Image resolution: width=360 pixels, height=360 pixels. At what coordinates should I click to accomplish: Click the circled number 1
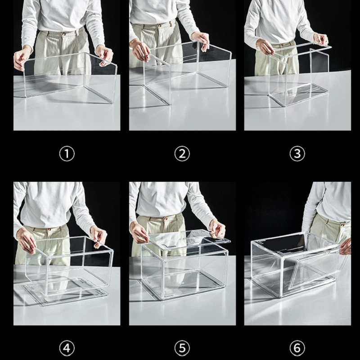point(67,154)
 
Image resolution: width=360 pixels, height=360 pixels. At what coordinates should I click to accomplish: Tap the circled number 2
point(182,154)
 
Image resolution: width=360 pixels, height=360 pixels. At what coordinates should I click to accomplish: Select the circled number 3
point(297,154)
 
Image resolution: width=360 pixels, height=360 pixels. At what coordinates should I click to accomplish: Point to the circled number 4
point(67,348)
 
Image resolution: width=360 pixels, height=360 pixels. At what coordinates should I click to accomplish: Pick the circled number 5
point(182,348)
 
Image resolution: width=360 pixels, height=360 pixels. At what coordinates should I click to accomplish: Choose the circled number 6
point(297,348)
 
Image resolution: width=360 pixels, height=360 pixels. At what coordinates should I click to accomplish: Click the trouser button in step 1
point(64,34)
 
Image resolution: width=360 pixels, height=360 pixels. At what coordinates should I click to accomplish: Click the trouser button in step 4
point(49,229)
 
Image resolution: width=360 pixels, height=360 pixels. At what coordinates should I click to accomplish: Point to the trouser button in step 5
point(166,218)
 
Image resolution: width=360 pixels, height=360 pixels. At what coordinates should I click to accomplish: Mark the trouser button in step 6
point(342,225)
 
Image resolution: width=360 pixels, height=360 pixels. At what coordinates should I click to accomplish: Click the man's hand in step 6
point(346,246)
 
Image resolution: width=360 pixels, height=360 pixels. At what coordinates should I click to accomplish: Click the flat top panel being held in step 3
point(302,49)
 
